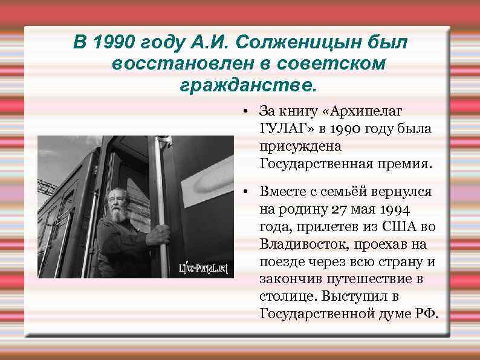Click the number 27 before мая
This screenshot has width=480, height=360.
tap(337, 209)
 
